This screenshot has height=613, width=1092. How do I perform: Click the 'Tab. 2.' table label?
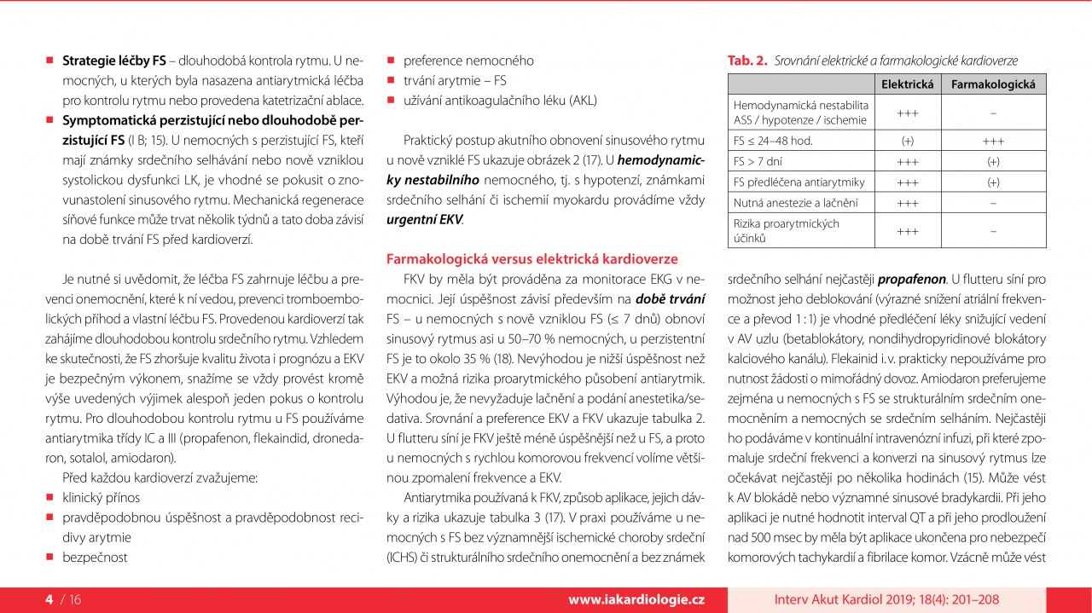[x=746, y=61]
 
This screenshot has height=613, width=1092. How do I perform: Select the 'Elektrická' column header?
[x=908, y=84]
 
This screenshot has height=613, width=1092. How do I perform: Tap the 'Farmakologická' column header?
[x=993, y=84]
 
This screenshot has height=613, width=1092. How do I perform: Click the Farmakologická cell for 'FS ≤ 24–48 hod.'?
[x=993, y=140]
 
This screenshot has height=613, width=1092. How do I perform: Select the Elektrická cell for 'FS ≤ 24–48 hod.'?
[x=908, y=140]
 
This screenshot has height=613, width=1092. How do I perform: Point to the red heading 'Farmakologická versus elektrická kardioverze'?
[x=531, y=258]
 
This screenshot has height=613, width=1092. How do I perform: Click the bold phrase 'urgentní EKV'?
[x=425, y=219]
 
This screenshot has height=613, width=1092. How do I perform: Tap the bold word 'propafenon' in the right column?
[x=911, y=278]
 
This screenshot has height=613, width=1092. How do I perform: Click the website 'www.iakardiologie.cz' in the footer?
[x=636, y=599]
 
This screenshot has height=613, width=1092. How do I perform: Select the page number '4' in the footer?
[x=49, y=599]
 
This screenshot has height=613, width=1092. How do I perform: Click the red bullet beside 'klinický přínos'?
[x=49, y=496]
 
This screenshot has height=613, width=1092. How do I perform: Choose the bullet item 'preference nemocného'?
[x=468, y=61]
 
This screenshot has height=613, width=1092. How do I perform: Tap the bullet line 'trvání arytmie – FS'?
[x=455, y=80]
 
